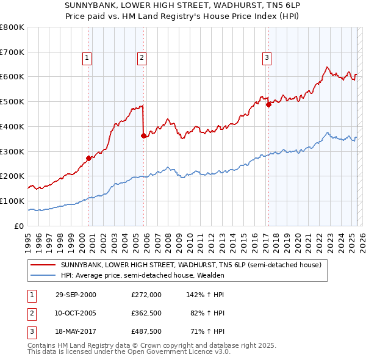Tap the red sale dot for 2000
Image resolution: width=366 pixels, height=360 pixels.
pos(88,158)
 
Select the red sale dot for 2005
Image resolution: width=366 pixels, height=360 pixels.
pos(143,136)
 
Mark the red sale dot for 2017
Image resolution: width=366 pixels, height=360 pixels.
pos(268,104)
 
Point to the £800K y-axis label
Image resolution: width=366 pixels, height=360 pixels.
pos(12,27)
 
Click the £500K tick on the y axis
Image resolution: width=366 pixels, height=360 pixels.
pos(12,102)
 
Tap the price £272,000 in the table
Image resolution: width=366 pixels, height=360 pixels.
pos(146,294)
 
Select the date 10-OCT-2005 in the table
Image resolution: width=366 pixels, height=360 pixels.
pos(76,313)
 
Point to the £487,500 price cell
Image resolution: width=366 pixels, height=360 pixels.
pos(146,332)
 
